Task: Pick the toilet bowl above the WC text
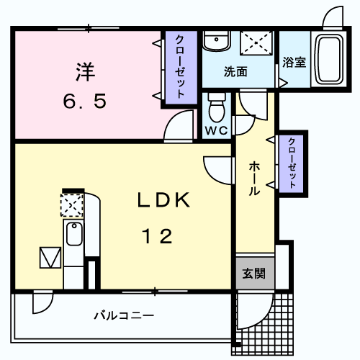216,109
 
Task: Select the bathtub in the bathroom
331,59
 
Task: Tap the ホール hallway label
255,179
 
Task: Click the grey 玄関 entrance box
253,274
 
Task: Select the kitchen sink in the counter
73,234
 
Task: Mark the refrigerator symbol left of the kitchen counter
50,257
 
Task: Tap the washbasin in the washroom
214,42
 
